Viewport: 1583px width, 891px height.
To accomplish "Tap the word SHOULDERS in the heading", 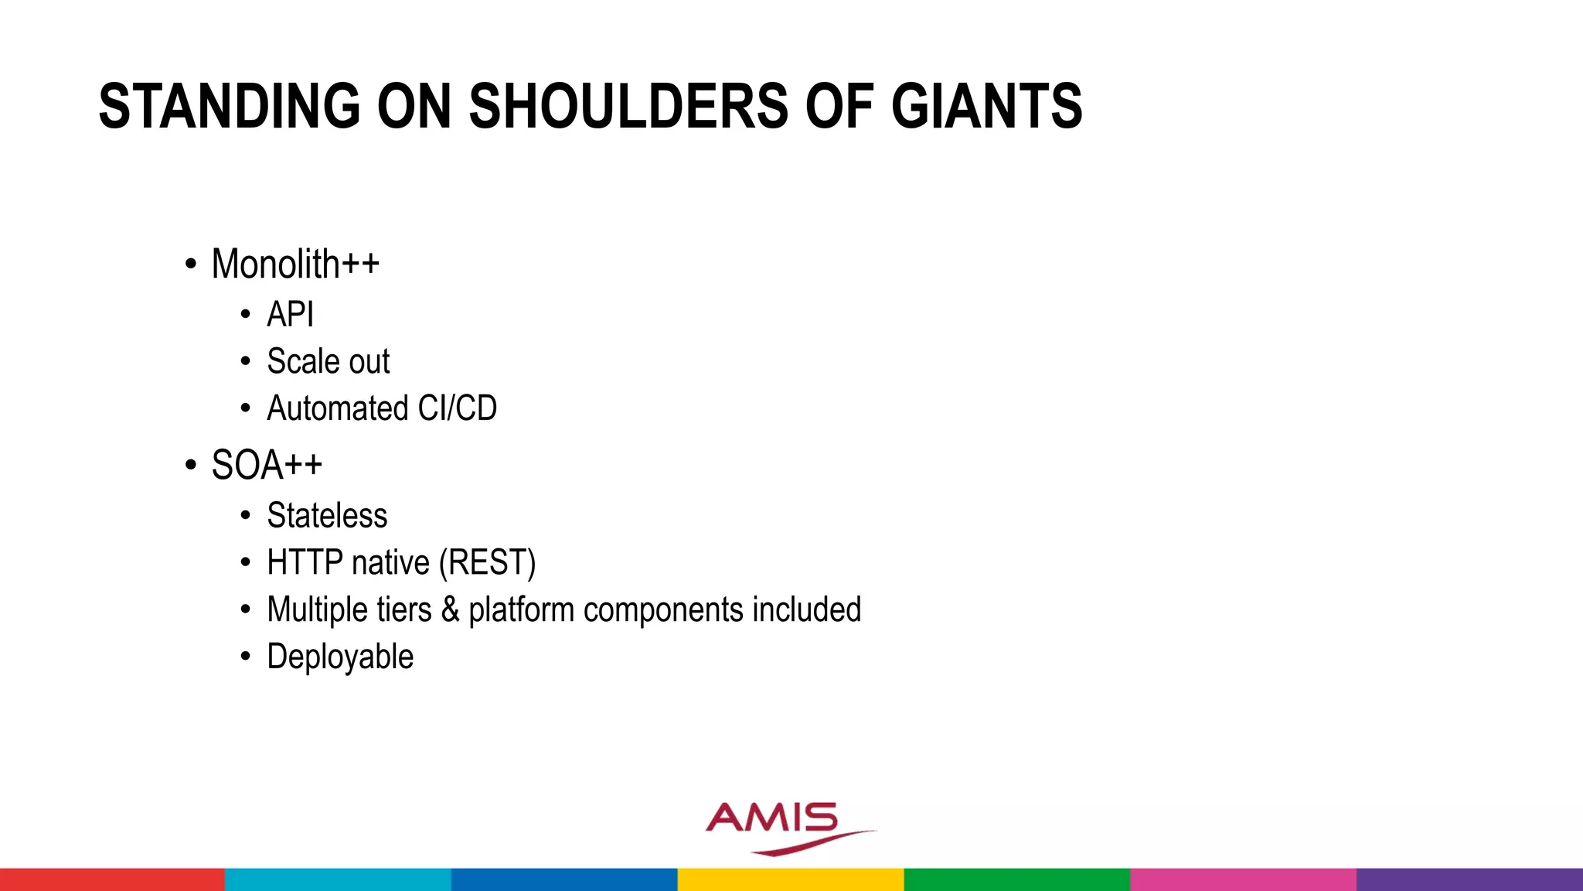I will (x=628, y=106).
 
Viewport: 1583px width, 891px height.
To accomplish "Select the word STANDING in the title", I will (x=230, y=106).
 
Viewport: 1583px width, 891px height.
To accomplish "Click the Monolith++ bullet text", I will (x=295, y=265).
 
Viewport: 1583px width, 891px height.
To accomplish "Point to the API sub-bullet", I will (x=290, y=315).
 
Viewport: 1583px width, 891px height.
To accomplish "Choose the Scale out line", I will (x=328, y=362).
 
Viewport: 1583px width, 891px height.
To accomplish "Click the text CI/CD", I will (x=457, y=408).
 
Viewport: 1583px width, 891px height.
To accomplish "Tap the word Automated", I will (x=337, y=408).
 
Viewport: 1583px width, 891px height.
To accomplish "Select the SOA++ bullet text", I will (x=267, y=466).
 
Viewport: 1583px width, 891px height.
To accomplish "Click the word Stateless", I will (x=327, y=516).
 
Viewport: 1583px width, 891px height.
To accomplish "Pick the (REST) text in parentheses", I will (x=487, y=563).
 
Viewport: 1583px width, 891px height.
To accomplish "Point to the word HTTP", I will (x=305, y=563).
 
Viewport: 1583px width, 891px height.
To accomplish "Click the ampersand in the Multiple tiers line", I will (x=450, y=610).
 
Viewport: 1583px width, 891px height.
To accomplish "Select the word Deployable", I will (x=340, y=657).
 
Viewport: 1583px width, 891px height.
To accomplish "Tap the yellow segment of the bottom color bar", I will (x=791, y=879).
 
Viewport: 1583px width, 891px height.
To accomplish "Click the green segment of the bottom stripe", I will (x=1016, y=879).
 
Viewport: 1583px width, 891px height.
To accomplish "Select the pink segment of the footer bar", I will (x=1243, y=879).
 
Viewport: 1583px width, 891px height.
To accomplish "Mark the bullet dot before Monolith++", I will (x=191, y=265).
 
